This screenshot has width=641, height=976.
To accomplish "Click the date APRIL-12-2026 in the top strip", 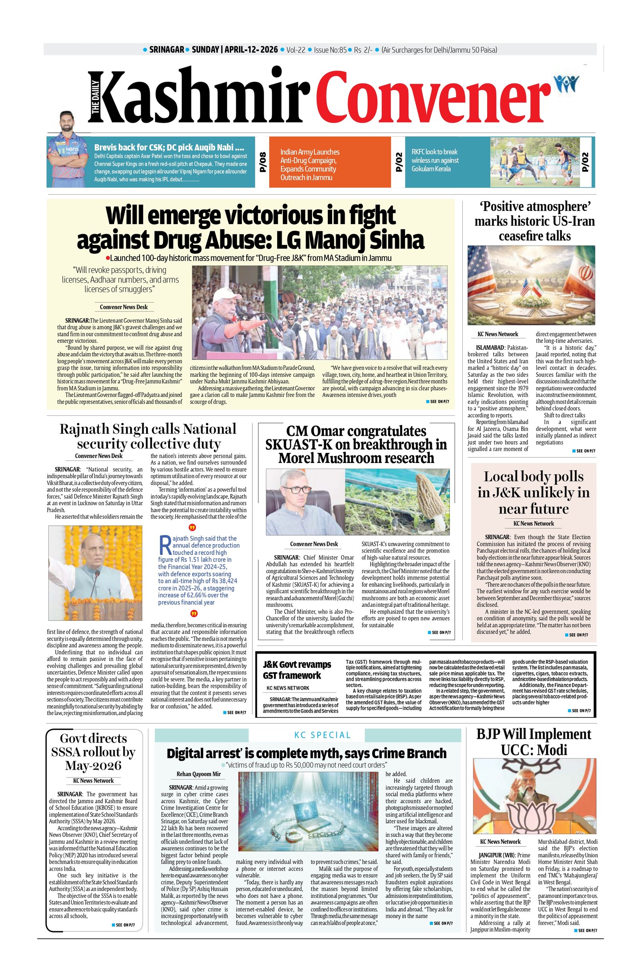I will [250, 50].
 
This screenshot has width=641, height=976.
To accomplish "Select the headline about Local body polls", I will [533, 492].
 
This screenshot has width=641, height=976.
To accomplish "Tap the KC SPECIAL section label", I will [322, 735].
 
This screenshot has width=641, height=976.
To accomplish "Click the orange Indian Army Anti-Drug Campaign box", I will [330, 164].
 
